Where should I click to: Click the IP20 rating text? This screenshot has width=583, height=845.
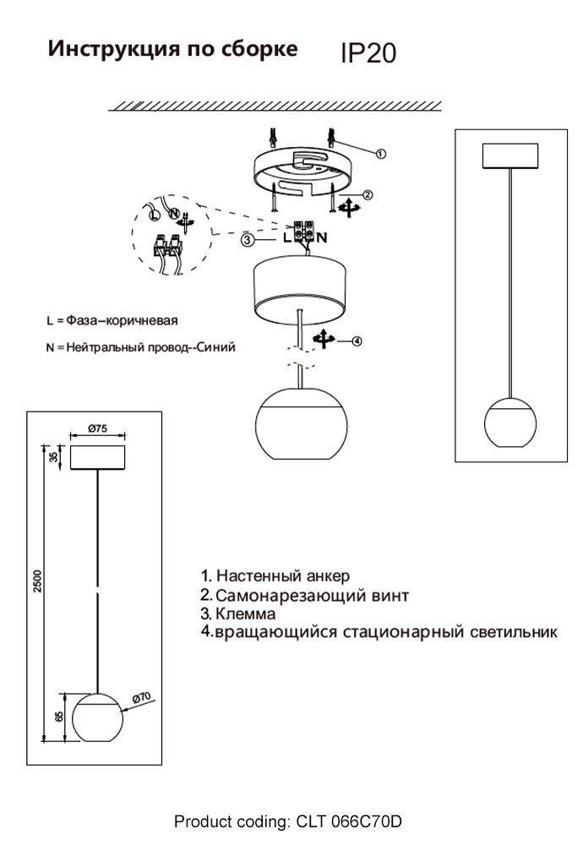coord(368,54)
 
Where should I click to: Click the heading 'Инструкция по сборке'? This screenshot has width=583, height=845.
coord(172,49)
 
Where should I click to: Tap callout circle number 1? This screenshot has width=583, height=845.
coord(380,154)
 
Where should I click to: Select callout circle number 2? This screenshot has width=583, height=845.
coord(368,194)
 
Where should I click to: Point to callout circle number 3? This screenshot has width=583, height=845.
coord(247,240)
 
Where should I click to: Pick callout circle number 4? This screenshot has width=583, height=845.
coord(357,341)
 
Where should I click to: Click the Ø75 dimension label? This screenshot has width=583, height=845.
coord(97,428)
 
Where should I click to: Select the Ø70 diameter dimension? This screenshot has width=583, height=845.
coord(141,697)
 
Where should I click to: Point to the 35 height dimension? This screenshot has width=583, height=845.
coord(55,457)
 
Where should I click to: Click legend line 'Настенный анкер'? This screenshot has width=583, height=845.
coord(282,576)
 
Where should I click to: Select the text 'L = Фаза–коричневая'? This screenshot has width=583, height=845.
coord(111,321)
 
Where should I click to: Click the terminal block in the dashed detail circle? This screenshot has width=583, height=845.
coord(166,247)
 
